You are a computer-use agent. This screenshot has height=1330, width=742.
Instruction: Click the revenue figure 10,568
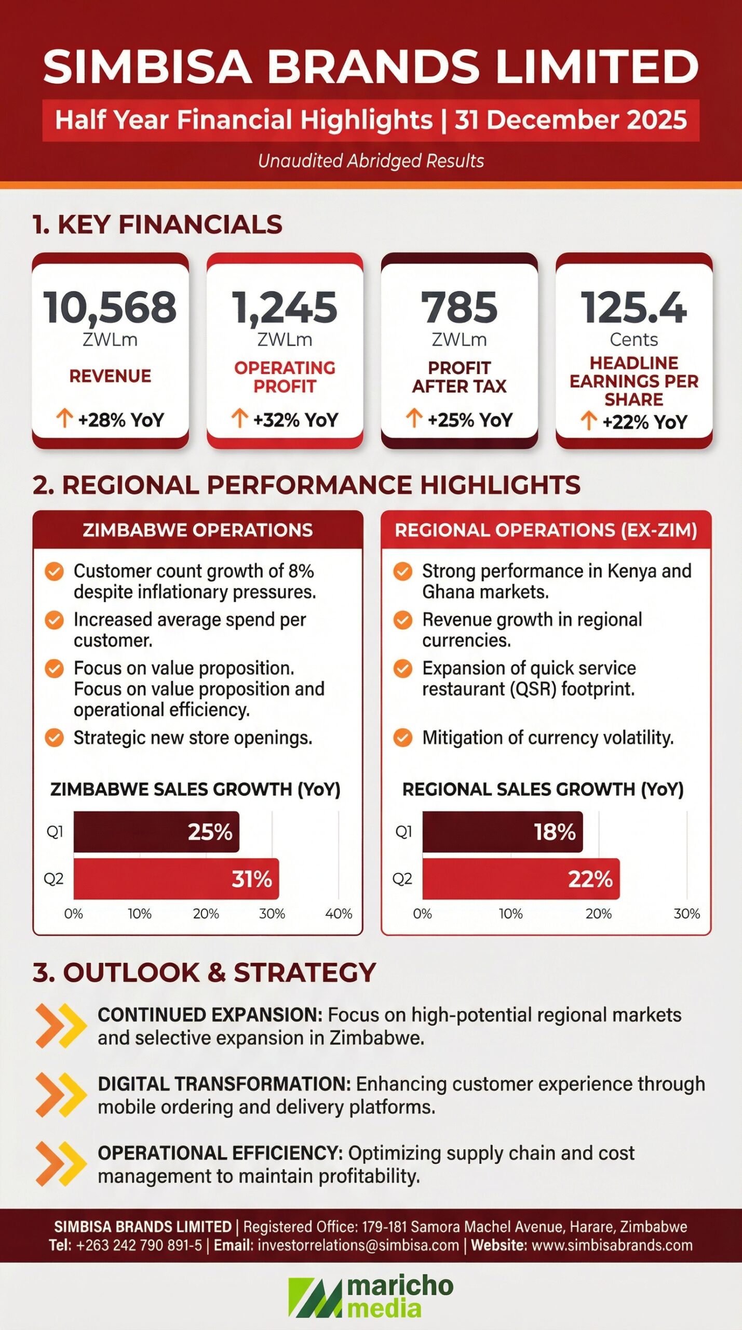[110, 307]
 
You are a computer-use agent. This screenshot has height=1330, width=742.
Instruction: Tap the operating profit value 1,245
[285, 307]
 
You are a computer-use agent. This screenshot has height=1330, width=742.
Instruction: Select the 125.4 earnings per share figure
[633, 307]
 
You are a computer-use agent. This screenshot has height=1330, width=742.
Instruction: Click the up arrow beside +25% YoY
[414, 418]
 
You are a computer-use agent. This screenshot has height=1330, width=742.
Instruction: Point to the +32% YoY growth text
[295, 420]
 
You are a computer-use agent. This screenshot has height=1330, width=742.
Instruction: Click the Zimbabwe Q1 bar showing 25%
[156, 832]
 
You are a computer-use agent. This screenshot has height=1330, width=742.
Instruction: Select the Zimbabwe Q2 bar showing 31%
[176, 879]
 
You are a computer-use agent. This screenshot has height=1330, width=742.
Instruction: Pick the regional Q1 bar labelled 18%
[502, 832]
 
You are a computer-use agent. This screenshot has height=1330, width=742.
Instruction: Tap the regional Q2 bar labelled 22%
[521, 879]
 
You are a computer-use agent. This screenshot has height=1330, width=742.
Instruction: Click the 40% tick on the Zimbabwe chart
[339, 914]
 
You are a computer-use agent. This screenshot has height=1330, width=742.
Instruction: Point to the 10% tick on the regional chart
[510, 914]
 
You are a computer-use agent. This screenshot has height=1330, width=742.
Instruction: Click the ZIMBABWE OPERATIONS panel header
[197, 530]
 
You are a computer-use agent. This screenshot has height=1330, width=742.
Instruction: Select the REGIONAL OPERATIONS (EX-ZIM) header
[546, 530]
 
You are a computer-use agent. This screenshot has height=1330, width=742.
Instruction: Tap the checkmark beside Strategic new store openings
[54, 737]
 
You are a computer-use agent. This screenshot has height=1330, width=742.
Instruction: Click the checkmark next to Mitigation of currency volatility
[402, 737]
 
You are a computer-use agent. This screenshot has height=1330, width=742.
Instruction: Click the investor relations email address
[358, 1245]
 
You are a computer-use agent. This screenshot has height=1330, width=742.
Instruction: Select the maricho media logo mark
[315, 1297]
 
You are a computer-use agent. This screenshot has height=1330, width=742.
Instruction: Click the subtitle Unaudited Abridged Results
[371, 161]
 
